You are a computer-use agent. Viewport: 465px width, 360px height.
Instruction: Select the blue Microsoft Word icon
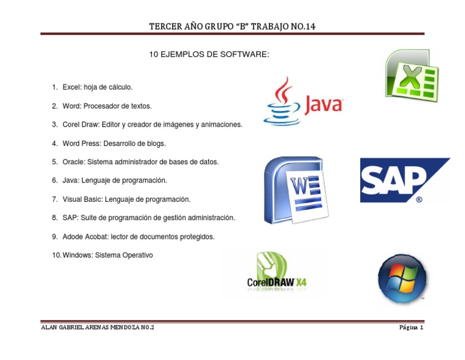(294, 190)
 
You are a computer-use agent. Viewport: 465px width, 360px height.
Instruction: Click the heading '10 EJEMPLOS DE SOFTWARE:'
(208, 55)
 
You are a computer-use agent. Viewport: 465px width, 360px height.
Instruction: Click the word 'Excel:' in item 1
(72, 87)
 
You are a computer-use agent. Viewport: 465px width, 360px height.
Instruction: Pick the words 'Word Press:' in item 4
(81, 144)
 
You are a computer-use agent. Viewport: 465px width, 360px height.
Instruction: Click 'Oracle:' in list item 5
(74, 162)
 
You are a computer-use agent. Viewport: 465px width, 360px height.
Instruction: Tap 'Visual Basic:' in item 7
(83, 199)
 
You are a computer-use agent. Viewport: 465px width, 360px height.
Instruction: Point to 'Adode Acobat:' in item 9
(84, 236)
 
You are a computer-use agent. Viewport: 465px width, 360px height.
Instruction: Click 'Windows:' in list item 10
(77, 255)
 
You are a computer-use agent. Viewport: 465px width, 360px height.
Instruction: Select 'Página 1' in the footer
(411, 327)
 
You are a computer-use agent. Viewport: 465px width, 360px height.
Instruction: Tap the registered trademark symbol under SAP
(419, 199)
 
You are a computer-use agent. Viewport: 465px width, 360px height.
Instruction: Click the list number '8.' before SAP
(54, 218)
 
